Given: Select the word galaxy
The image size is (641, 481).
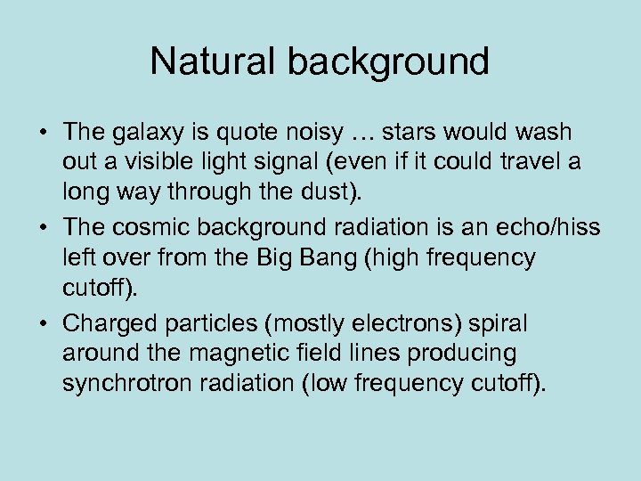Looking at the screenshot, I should point(146,134).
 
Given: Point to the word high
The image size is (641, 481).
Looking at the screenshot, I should point(385,259).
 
